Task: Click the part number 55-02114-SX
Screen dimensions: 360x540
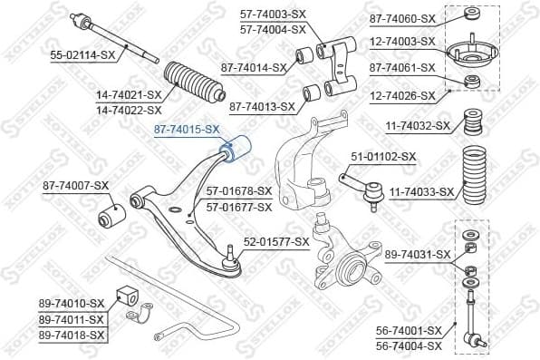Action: click(82, 54)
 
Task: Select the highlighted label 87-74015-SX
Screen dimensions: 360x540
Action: click(187, 131)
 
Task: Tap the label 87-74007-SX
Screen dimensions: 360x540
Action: click(75, 186)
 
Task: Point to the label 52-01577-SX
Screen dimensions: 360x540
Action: click(276, 242)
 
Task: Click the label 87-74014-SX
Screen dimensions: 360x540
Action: click(254, 66)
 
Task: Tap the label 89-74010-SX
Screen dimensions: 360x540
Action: click(72, 303)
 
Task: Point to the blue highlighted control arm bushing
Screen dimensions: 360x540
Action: click(240, 149)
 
